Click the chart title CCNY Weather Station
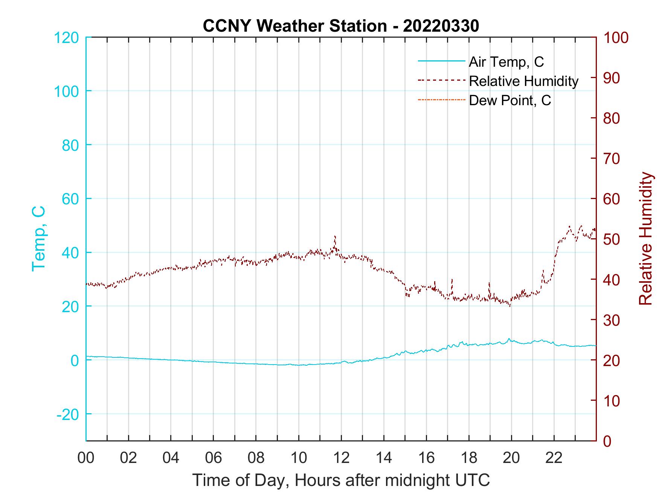[x=341, y=26]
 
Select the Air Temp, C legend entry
[x=506, y=62]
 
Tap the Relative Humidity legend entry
[x=523, y=81]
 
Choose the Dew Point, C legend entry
[x=510, y=101]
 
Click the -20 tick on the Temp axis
[x=68, y=414]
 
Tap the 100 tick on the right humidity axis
[x=616, y=38]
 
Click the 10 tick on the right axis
[x=612, y=401]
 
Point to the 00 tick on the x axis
[x=86, y=458]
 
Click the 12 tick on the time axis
[x=341, y=458]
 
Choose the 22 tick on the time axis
[x=554, y=458]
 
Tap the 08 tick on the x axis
[x=256, y=458]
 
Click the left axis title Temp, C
[x=38, y=238]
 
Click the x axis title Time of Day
[x=341, y=480]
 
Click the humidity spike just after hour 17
[x=452, y=280]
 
